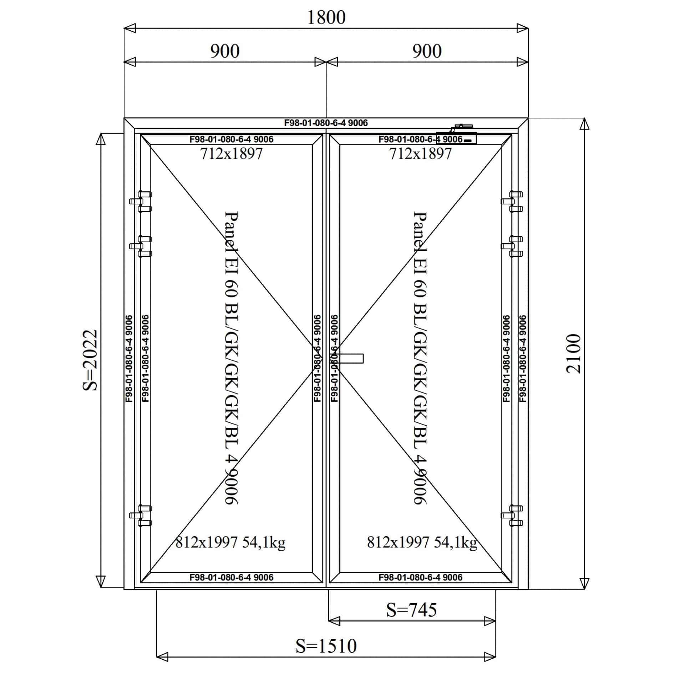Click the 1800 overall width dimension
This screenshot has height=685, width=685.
click(326, 17)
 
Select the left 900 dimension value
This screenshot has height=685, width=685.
click(225, 51)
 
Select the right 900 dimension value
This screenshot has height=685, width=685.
click(427, 51)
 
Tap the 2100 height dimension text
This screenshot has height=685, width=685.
click(573, 354)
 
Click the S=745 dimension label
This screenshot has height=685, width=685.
click(412, 610)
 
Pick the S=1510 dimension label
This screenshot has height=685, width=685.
click(326, 646)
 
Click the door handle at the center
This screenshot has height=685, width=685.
click(350, 358)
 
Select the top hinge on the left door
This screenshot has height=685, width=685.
click(141, 202)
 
